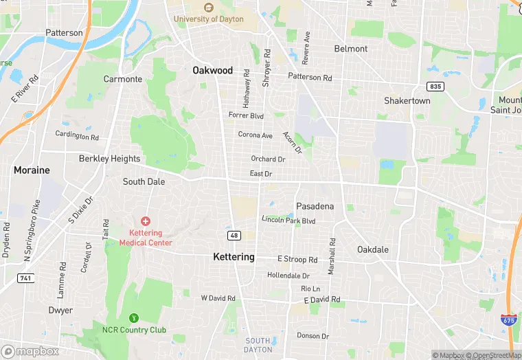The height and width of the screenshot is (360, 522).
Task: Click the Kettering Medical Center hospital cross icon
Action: click(145, 221)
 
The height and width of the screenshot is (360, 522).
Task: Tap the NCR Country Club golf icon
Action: click(134, 318)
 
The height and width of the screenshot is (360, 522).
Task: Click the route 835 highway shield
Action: click(434, 86)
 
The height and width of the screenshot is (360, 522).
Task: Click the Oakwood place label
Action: click(212, 70)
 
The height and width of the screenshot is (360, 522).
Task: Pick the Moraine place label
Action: click(32, 170)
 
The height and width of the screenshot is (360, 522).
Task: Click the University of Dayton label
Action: click(208, 19)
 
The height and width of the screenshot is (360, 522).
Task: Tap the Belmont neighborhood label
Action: click(350, 49)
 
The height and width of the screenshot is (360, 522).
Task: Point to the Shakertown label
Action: click(407, 100)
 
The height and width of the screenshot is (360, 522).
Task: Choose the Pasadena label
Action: click(315, 206)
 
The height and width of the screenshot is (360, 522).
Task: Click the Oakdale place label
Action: click(373, 249)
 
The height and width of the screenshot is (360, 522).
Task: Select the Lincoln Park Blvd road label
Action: click(288, 220)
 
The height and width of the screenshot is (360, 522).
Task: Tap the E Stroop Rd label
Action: click(297, 260)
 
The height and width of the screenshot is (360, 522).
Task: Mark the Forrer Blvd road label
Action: click(246, 115)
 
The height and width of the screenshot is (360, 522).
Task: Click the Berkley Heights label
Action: click(109, 159)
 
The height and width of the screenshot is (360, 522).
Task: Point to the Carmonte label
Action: click(123, 79)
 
